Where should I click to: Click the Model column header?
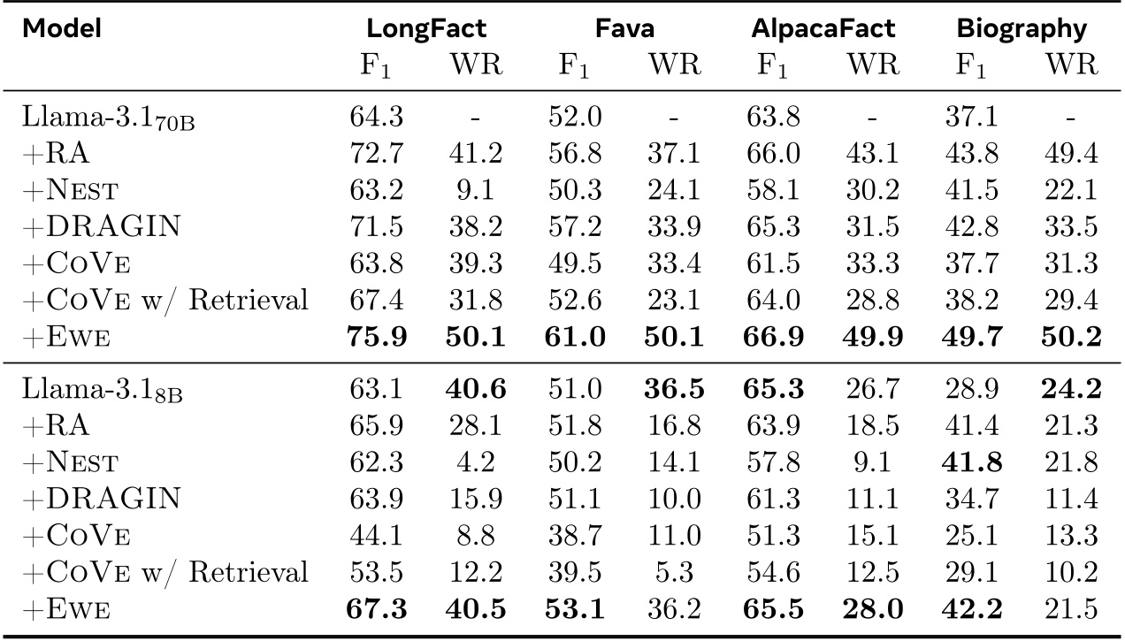click(x=62, y=28)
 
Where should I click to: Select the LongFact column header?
click(x=427, y=28)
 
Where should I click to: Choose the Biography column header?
click(x=1022, y=28)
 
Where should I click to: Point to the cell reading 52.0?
click(x=575, y=117)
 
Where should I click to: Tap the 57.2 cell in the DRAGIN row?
click(x=575, y=228)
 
